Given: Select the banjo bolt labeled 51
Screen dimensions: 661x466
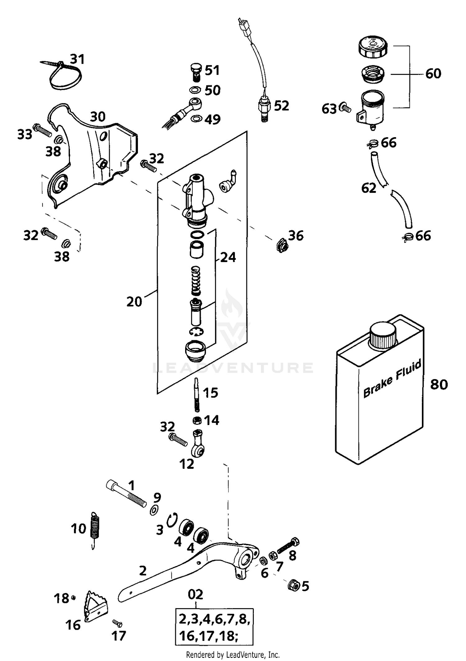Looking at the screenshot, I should point(195,72).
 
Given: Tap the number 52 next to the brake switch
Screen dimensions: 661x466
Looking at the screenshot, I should point(281,106).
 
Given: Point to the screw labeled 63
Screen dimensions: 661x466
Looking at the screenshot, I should point(345,108).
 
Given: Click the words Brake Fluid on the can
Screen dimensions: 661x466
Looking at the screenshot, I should point(392,378).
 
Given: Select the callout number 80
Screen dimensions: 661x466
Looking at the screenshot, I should point(439,384).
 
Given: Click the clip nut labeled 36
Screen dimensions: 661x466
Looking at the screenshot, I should point(282,245).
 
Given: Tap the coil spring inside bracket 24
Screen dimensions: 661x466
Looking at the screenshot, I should point(196,280).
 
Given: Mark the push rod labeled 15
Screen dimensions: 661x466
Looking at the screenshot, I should point(196,394).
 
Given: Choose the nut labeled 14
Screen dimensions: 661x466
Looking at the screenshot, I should point(197,421).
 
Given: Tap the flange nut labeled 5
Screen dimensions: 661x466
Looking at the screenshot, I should point(293,586).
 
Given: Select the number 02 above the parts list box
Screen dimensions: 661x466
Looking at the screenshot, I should point(195,594).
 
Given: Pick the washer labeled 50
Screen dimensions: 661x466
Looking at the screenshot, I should point(195,90).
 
